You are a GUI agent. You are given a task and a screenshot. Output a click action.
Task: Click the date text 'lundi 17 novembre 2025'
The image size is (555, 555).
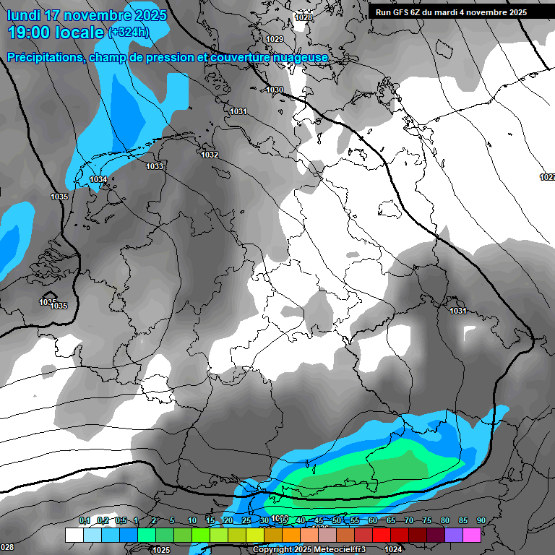(x=87, y=14)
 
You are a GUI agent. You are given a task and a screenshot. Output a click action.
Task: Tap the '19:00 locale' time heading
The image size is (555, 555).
(x=56, y=33)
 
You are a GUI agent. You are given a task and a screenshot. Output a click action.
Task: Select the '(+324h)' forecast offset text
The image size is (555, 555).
(x=128, y=33)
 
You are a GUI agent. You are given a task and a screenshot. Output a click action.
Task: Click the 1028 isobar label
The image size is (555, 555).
(x=304, y=17)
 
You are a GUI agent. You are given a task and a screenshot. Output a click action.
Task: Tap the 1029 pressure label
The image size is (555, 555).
(x=275, y=39)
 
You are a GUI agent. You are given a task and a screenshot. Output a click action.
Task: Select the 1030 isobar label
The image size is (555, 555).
(x=275, y=90)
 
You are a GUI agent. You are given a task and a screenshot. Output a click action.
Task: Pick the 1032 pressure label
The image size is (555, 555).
(x=210, y=155)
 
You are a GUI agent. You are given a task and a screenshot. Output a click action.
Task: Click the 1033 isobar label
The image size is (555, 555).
(x=155, y=166)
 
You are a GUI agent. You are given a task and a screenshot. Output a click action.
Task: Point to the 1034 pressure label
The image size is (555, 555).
(x=98, y=179)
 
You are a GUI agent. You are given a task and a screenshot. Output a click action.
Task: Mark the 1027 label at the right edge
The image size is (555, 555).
(x=547, y=177)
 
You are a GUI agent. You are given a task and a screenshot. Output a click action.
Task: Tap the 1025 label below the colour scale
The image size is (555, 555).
(x=162, y=550)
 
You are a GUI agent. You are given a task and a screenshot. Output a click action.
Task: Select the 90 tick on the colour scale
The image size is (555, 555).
(x=481, y=520)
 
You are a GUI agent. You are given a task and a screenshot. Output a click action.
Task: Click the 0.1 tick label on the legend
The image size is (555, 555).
(x=85, y=520)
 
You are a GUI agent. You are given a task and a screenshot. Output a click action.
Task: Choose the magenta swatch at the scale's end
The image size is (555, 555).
(x=472, y=535)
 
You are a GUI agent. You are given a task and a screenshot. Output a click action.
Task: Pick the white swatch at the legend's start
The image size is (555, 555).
(x=74, y=535)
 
